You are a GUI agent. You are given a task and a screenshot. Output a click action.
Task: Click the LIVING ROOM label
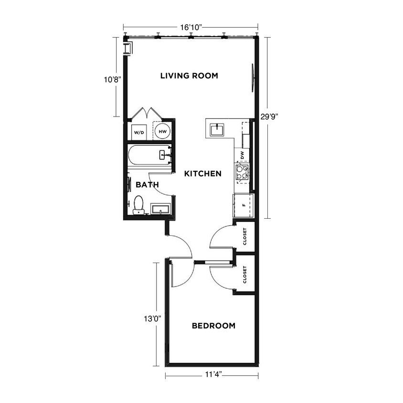click(x=189, y=75)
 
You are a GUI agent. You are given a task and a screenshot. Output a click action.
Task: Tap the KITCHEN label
click(x=203, y=173)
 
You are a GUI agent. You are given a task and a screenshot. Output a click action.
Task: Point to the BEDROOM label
click(x=213, y=326)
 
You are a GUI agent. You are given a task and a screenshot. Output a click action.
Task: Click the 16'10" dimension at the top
click(x=191, y=27)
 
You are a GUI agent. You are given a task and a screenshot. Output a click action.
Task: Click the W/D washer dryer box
click(x=138, y=132)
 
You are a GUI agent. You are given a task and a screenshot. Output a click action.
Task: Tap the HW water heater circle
click(x=162, y=132)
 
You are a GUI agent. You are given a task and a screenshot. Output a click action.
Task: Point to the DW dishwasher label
click(x=243, y=155)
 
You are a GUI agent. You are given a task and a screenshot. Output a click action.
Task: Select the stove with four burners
click(x=243, y=172)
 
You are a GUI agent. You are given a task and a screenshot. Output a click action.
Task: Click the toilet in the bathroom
click(x=138, y=205)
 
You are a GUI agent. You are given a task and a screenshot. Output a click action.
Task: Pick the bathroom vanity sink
click(x=161, y=209)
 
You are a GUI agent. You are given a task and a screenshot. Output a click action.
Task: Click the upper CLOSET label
click(x=245, y=237)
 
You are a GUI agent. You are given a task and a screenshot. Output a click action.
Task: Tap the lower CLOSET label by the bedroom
click(x=245, y=275)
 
